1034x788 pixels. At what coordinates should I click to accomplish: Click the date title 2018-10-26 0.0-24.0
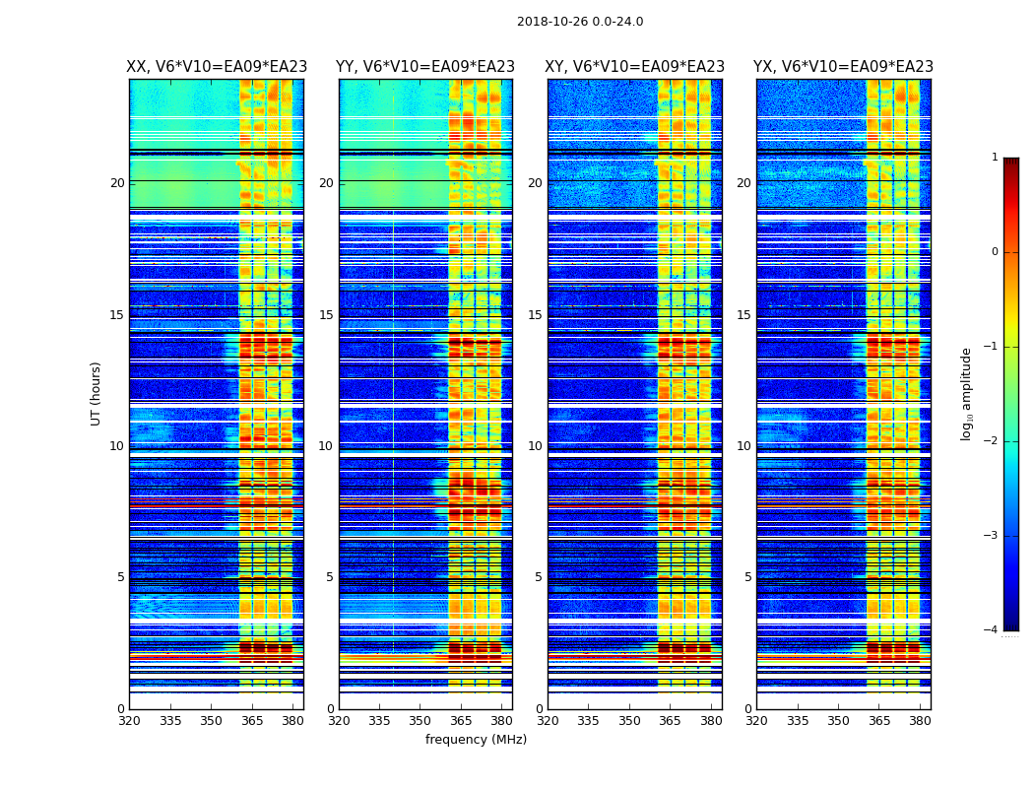point(580,22)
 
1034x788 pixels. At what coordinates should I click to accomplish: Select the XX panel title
point(217,67)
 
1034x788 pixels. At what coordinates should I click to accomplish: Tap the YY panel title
point(425,67)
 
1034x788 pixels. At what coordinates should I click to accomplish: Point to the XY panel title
point(635,67)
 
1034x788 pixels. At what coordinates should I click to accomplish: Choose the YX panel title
point(843,67)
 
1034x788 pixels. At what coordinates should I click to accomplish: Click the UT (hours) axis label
point(96,393)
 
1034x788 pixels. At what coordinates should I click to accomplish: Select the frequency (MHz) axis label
point(476,740)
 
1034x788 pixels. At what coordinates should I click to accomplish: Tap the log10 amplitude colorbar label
point(967,393)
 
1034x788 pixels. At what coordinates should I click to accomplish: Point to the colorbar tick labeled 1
point(995,158)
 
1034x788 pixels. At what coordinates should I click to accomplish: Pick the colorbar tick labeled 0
point(995,252)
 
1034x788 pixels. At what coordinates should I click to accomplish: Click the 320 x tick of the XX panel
point(129,720)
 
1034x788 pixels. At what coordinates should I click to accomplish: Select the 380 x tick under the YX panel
point(920,720)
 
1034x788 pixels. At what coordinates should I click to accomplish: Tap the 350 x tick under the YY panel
point(420,720)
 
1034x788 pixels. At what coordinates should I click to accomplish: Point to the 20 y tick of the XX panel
point(117,183)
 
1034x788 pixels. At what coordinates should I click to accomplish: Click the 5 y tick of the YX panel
point(748,577)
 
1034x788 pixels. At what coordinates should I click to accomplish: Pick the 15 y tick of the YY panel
point(327,315)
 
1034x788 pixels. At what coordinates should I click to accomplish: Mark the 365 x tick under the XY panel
point(670,720)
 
